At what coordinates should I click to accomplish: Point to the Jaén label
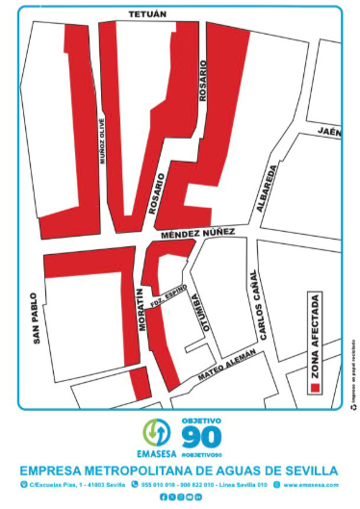pos(330,130)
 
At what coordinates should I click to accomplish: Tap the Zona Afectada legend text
pos(314,336)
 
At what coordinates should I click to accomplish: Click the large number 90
pos(200,434)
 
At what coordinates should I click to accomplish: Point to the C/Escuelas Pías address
pos(74,485)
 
